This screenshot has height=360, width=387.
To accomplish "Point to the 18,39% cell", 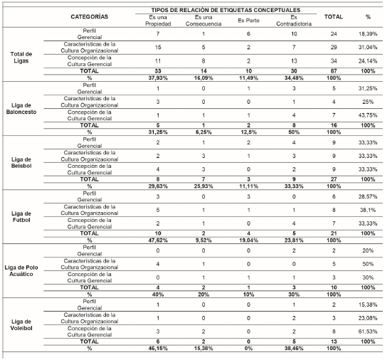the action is coord(368,34).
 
